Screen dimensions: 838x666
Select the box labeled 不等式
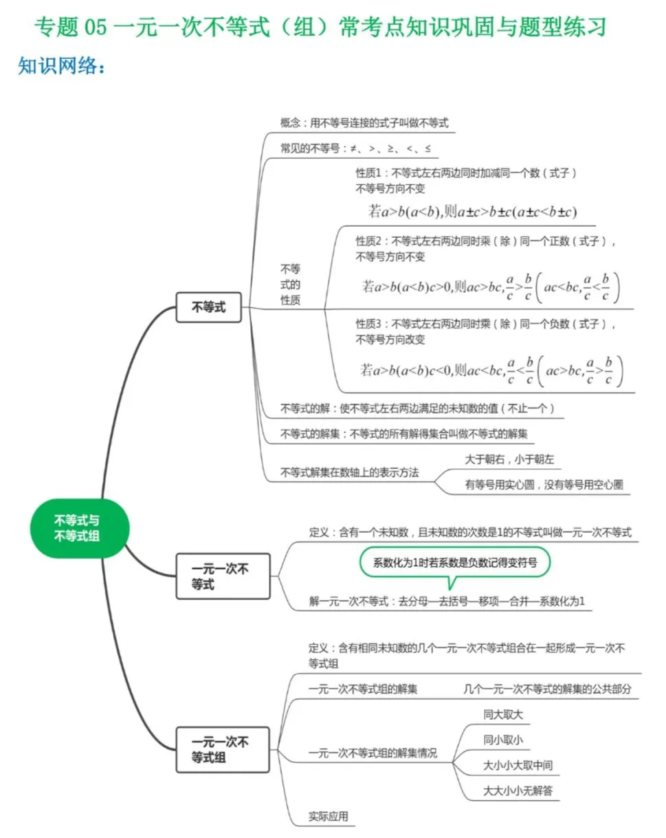coord(209,308)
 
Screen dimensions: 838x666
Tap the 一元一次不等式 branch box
coord(221,576)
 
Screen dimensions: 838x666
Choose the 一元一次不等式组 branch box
coord(221,749)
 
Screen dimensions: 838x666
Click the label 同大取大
coord(503,714)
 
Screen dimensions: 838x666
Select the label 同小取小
coord(503,740)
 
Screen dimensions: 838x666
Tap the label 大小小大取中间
coord(518,765)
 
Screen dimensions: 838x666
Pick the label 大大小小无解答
coord(518,791)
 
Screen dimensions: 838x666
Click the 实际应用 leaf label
coord(329,816)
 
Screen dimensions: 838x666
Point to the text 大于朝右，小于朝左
coord(509,459)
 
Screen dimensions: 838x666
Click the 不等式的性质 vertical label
coord(290,284)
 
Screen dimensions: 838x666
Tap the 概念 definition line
coord(364,123)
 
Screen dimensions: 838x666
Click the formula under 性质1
coord(472,212)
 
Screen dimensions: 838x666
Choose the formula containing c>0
coord(491,287)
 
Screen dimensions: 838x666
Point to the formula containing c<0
coord(491,371)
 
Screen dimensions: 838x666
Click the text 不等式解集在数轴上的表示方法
coord(350,473)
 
